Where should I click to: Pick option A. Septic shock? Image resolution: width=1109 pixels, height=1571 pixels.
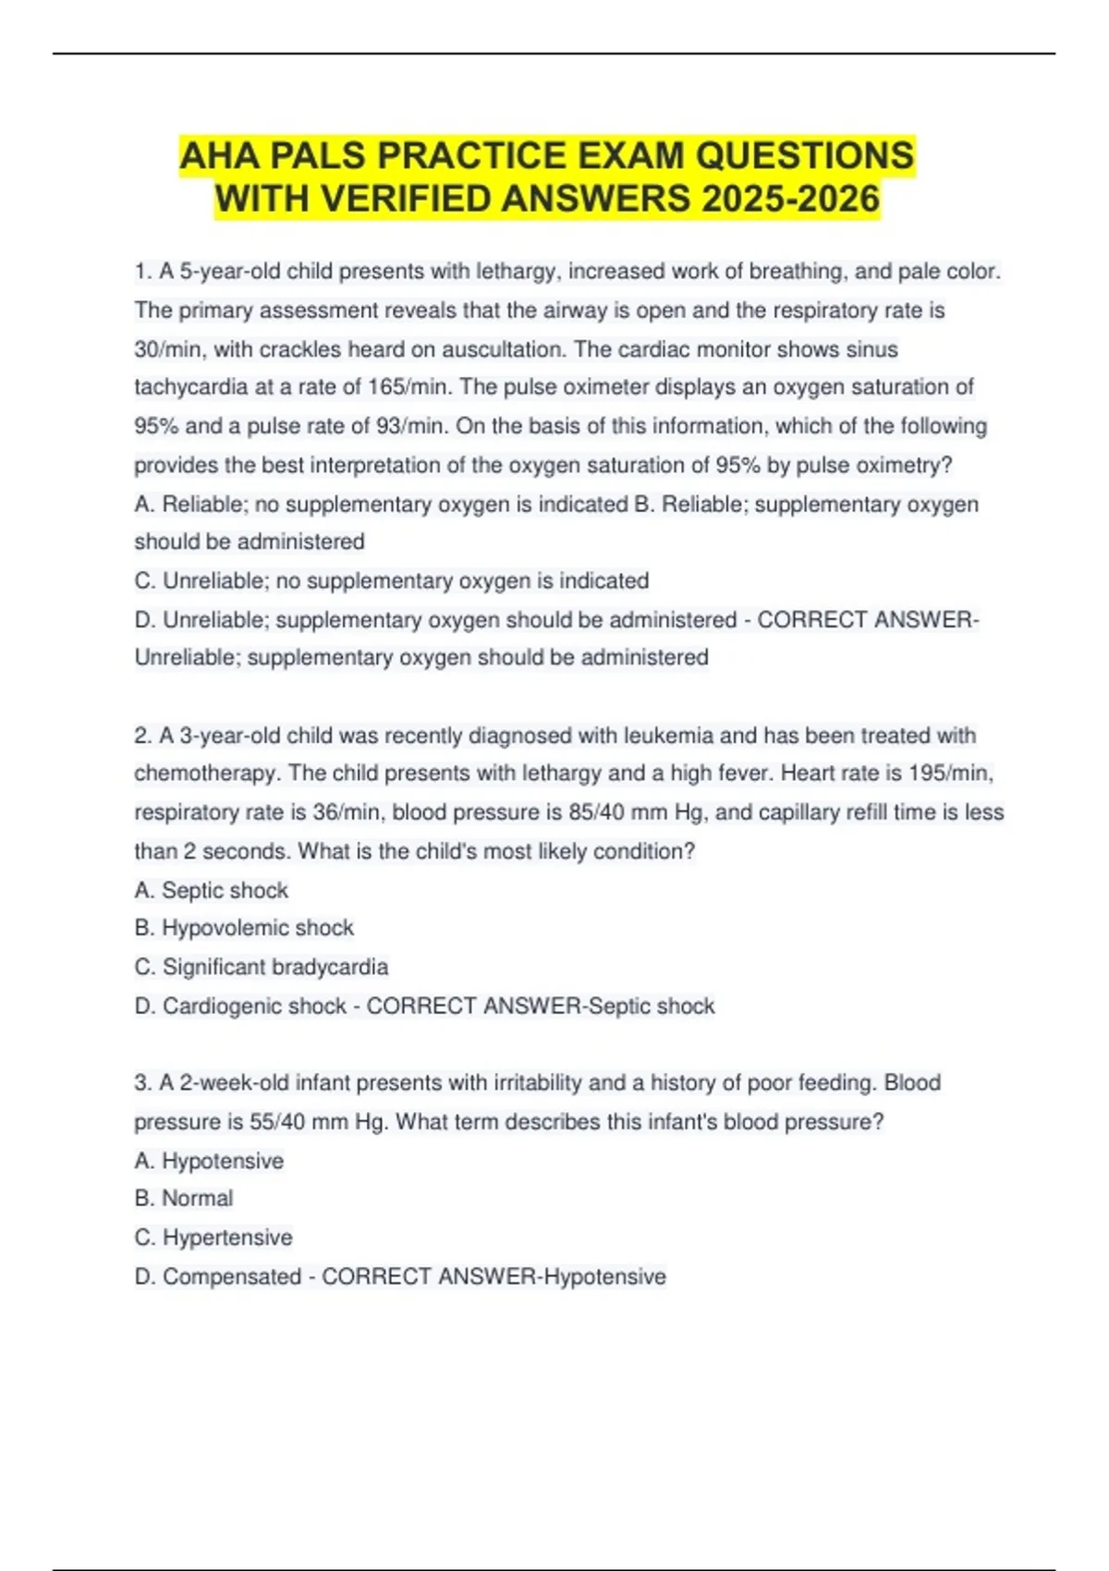pyautogui.click(x=212, y=890)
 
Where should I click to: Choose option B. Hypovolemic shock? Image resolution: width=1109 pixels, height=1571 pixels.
pyautogui.click(x=244, y=928)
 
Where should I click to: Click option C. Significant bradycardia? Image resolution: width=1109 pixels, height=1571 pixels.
pyautogui.click(x=262, y=967)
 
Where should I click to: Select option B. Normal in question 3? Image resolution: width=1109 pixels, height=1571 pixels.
pyautogui.click(x=184, y=1198)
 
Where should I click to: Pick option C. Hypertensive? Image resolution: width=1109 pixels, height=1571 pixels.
pyautogui.click(x=213, y=1237)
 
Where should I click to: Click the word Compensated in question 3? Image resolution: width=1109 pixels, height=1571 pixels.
pyautogui.click(x=232, y=1276)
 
